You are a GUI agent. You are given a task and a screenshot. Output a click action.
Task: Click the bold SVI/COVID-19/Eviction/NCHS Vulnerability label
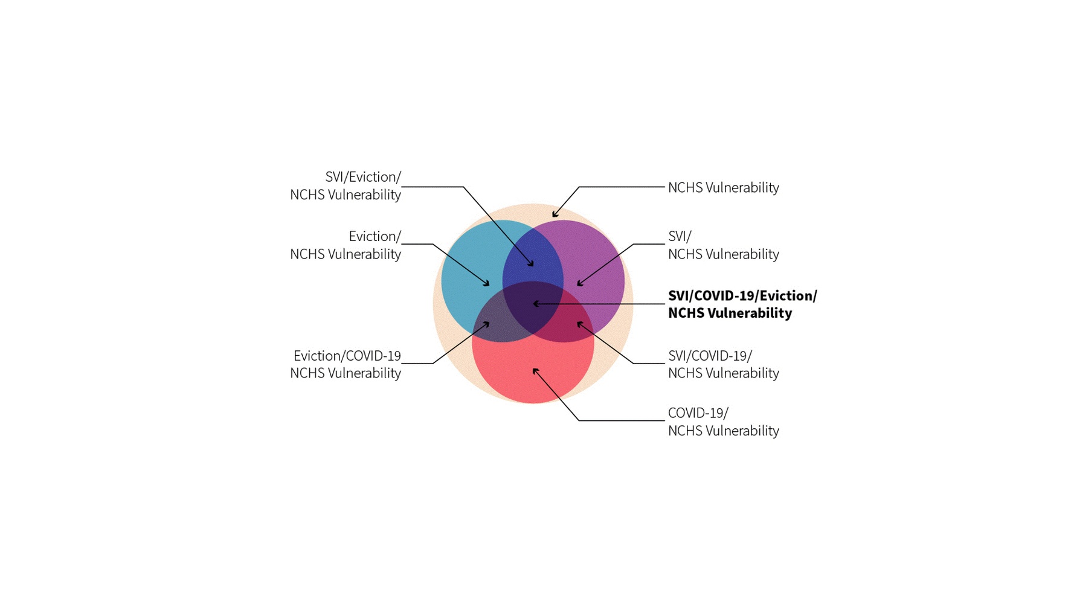point(742,304)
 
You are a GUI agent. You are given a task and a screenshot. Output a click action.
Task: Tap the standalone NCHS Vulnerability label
point(724,188)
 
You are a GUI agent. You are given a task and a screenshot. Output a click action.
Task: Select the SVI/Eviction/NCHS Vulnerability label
point(346,185)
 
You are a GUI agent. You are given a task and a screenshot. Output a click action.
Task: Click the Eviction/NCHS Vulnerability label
point(346,245)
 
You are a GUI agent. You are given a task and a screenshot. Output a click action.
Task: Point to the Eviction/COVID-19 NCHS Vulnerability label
point(346,364)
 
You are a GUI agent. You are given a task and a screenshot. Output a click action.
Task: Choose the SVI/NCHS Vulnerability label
point(724,245)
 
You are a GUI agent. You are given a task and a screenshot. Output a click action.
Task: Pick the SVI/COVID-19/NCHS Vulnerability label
point(724,364)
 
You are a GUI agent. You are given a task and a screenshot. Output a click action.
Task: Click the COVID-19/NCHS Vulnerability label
point(724,422)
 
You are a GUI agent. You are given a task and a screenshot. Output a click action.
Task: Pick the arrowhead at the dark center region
point(536,304)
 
